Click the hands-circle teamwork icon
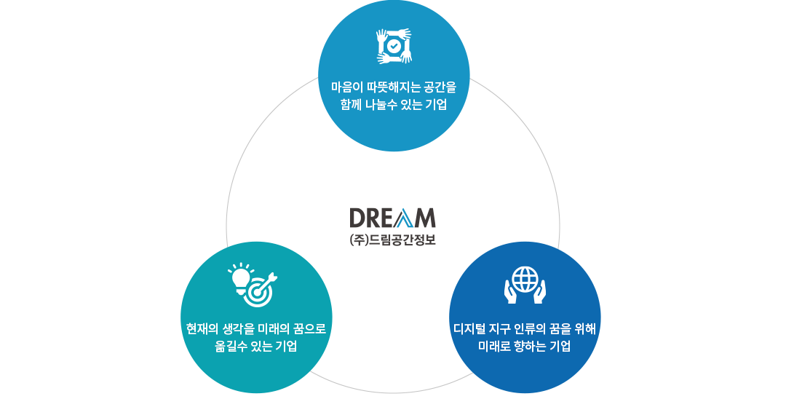point(394,46)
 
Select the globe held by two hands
point(525,284)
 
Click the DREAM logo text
point(392,218)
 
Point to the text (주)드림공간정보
point(392,239)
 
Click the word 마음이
point(346,87)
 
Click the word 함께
point(352,105)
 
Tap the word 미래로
point(495,347)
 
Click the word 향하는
point(532,347)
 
